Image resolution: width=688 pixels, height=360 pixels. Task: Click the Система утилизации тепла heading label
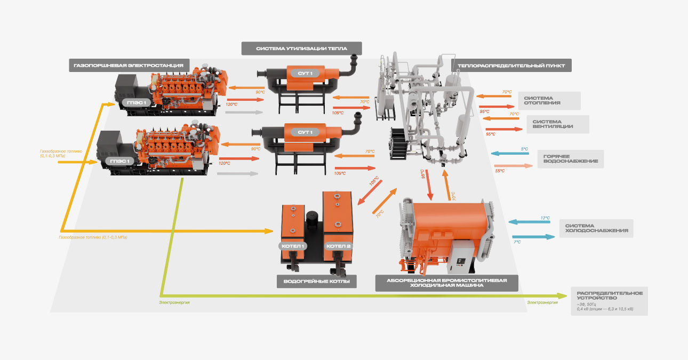coord(302,49)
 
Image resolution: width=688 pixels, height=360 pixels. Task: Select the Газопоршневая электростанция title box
coord(129,66)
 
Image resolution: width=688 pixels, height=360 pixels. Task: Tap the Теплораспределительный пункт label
coord(511,66)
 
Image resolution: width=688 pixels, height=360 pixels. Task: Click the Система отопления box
coord(549,100)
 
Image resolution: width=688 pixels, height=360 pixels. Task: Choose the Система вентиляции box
coord(558,124)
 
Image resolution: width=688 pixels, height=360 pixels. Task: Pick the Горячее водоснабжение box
coord(571,159)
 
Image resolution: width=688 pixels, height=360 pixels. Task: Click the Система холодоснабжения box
coord(596,228)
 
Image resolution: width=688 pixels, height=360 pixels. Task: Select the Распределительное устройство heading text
coord(610,295)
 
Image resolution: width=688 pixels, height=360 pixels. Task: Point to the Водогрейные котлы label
coord(317,282)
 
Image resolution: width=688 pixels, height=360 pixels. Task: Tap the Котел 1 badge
coord(293,246)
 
